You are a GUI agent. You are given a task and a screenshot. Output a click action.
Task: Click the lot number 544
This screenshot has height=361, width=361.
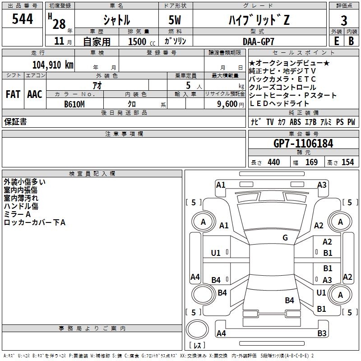(x=22, y=19)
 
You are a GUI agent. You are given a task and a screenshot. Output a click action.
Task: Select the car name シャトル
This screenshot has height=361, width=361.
(x=116, y=20)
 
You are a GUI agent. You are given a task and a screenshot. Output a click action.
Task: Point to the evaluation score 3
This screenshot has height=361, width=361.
(x=344, y=20)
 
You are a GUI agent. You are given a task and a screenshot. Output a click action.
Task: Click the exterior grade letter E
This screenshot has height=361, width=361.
(x=336, y=41)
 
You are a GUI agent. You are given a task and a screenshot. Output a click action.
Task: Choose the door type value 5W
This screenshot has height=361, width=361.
(x=175, y=20)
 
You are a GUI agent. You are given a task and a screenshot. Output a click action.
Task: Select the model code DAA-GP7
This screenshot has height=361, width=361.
(x=258, y=41)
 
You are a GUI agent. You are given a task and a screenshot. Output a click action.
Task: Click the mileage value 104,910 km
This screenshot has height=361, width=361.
(x=53, y=65)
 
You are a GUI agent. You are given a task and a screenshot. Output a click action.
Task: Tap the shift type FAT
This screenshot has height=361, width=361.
(x=13, y=94)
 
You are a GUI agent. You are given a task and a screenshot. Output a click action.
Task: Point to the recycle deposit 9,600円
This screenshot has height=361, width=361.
(x=226, y=104)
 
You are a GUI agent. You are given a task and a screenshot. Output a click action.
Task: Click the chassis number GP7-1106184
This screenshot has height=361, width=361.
(x=303, y=143)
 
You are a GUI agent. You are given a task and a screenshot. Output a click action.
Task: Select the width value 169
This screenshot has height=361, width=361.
(x=311, y=162)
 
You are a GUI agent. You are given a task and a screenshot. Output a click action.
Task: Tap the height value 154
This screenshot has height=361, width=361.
(x=347, y=162)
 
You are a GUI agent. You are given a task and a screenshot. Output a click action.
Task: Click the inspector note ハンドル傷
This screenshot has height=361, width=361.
(x=21, y=206)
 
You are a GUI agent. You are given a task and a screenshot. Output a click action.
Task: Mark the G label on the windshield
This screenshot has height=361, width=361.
(x=285, y=238)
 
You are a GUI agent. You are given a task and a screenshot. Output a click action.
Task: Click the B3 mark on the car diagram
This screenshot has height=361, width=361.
(x=322, y=333)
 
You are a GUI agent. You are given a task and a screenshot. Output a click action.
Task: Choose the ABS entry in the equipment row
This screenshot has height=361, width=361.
(x=295, y=122)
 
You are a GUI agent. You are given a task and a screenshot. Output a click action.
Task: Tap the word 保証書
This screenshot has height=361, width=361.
(x=15, y=122)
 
